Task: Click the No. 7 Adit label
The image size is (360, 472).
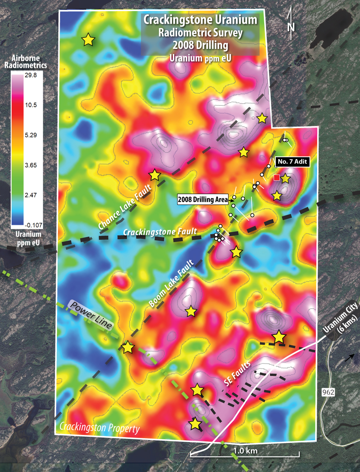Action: [292, 162]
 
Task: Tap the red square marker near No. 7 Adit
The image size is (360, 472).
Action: [276, 177]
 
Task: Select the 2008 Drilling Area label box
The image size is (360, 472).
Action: [203, 199]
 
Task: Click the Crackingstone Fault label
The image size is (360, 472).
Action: [160, 232]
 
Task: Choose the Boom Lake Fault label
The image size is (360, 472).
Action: [171, 283]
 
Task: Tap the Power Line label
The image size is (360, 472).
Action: [91, 315]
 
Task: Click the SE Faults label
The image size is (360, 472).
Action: [237, 374]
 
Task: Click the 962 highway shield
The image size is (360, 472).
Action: [328, 392]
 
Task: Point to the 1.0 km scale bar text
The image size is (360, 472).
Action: [245, 450]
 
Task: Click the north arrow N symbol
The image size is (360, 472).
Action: [291, 26]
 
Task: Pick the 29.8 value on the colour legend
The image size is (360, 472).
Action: [31, 75]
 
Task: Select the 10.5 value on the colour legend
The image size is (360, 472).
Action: [31, 105]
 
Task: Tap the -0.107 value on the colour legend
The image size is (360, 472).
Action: [33, 225]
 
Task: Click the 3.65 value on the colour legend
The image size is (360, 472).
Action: [31, 165]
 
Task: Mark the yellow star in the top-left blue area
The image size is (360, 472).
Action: [88, 40]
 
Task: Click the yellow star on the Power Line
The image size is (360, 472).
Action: [128, 348]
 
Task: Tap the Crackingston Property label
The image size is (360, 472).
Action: [99, 427]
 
